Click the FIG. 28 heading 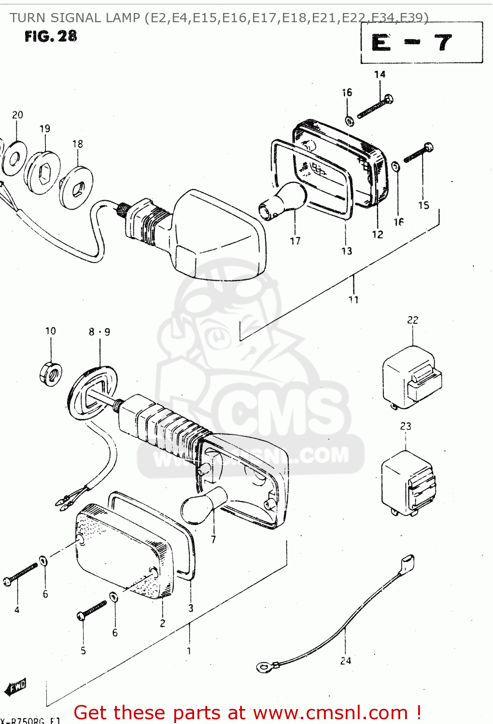click(x=51, y=36)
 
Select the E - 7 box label click(x=412, y=43)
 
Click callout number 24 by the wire click(x=346, y=661)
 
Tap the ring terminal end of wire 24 click(x=264, y=668)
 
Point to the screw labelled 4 click(x=21, y=574)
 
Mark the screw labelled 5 click(x=92, y=610)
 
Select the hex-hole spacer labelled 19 click(x=42, y=173)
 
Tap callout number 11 click(x=353, y=300)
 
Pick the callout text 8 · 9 click(x=99, y=332)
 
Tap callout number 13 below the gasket click(x=347, y=251)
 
